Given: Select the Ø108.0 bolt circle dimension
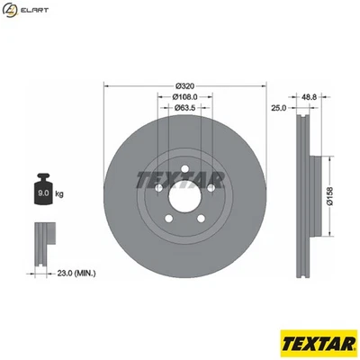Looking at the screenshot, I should [x=184, y=97].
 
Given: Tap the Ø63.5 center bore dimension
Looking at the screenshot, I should [x=184, y=109].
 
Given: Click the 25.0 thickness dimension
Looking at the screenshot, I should [x=278, y=108].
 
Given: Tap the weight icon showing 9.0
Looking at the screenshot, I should [x=41, y=189].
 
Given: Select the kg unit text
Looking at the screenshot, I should [x=59, y=193].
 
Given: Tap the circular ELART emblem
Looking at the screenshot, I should [x=10, y=10].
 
